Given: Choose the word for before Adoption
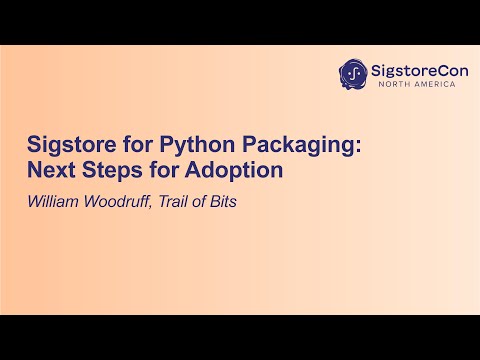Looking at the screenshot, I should point(160,170).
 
